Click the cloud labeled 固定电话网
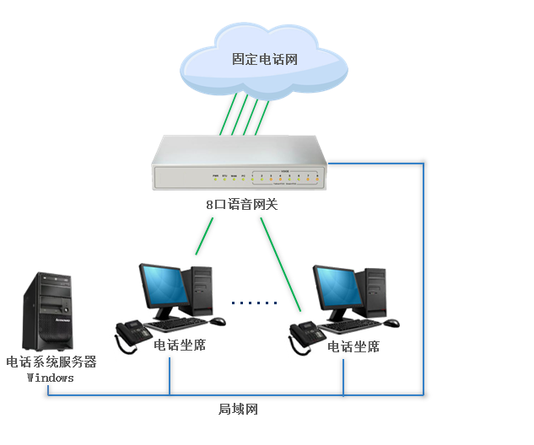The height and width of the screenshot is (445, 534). click(x=264, y=61)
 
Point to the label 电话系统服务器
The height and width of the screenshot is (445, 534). click(x=51, y=362)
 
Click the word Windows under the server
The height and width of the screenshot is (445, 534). click(x=51, y=378)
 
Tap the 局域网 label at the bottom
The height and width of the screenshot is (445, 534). click(x=238, y=410)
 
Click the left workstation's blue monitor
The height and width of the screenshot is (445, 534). click(x=165, y=287)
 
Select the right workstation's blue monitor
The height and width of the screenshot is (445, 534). click(x=338, y=288)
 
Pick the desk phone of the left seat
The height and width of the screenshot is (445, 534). click(x=132, y=334)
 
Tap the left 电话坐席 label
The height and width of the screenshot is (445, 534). click(x=180, y=346)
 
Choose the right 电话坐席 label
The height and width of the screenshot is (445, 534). click(x=353, y=346)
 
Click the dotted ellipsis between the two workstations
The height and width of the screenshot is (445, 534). click(x=254, y=303)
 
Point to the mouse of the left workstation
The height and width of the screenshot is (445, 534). click(x=218, y=321)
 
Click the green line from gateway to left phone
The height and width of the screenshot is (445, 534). click(x=205, y=236)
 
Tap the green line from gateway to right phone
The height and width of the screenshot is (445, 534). click(x=280, y=262)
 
